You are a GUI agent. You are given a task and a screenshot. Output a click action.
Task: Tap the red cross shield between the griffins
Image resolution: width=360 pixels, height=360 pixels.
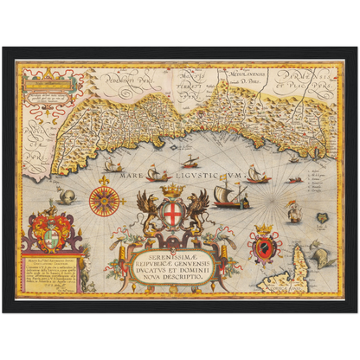pyautogui.click(x=174, y=211)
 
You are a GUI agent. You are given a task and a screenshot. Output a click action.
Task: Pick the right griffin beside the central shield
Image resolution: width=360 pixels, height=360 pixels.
pyautogui.click(x=198, y=211)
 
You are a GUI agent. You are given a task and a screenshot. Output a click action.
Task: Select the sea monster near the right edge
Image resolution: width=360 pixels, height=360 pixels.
pyautogui.click(x=322, y=253)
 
